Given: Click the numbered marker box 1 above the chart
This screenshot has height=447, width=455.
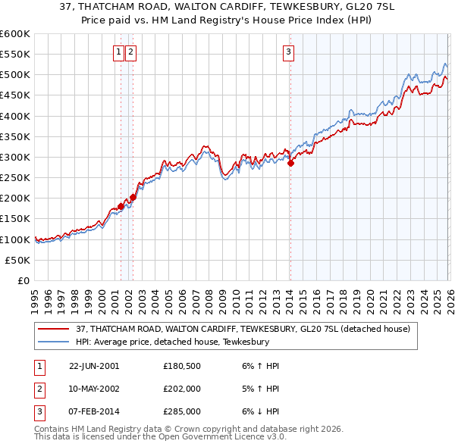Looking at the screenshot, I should (x=120, y=52).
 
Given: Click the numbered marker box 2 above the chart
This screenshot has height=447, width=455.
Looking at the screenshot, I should (x=131, y=52).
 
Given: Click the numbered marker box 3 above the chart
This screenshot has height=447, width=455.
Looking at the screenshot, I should (x=289, y=52).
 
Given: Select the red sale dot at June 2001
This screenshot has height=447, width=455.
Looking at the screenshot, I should (x=121, y=206).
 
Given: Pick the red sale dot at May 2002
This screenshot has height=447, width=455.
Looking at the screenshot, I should (x=133, y=197).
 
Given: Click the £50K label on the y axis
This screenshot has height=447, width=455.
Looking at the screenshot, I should (x=17, y=260).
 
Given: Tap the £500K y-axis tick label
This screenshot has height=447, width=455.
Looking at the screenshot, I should (x=15, y=75).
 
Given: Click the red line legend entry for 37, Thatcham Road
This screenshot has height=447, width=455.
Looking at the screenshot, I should (x=243, y=329).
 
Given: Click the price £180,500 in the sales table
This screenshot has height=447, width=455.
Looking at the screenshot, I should (x=182, y=365).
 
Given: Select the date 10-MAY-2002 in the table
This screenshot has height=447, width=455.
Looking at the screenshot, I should (x=94, y=389).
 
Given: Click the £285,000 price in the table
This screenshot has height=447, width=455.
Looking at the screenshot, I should (x=182, y=412).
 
